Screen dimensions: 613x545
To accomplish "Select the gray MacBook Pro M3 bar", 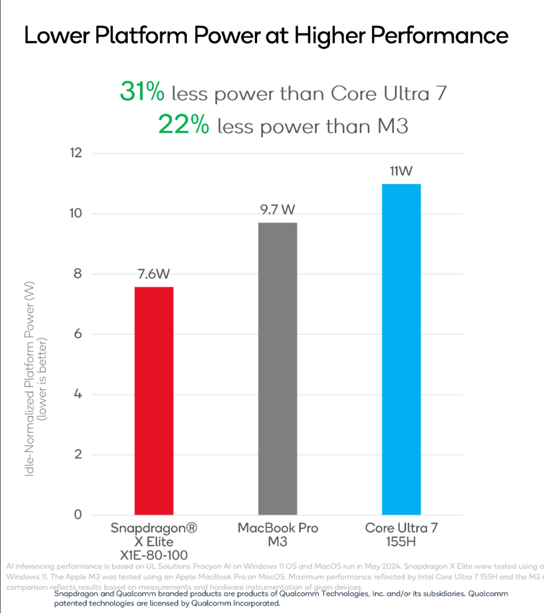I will tap(278, 369).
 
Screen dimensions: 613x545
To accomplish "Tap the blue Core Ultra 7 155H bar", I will tap(401, 350).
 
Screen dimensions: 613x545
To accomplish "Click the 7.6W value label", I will tap(154, 275).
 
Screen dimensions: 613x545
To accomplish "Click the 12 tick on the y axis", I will tap(75, 153).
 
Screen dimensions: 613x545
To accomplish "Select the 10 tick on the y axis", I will tap(75, 214).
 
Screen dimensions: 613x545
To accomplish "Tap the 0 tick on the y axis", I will tap(78, 515).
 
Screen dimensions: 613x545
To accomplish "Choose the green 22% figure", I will tap(183, 125).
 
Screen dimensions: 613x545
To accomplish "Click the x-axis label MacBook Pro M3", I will tap(278, 535).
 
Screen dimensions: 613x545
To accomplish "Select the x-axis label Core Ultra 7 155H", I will tap(401, 535).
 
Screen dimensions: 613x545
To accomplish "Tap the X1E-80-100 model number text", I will tap(154, 555).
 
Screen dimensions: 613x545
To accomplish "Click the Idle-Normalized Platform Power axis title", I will tap(30, 387).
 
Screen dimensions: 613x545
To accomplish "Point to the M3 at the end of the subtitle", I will tap(392, 125).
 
